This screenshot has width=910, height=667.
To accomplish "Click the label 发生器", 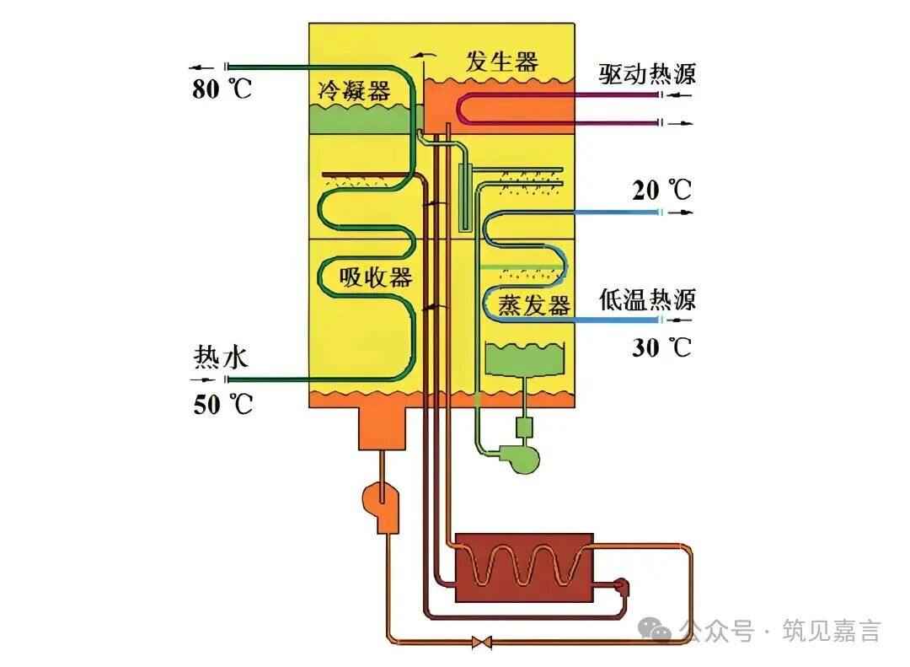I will coord(501,62).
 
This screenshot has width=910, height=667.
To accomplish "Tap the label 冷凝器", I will coord(354,90).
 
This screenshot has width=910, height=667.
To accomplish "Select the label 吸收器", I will coord(376,277).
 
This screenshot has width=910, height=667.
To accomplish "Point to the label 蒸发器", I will coord(534,304).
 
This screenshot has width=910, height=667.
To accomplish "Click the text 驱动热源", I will coord(648,74).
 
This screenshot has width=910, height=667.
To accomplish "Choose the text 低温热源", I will coord(648,299).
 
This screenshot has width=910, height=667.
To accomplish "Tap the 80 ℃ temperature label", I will coord(222,88).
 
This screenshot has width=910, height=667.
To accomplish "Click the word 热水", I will coord(221,358).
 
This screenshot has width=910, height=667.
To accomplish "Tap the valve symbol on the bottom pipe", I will coord(483,643).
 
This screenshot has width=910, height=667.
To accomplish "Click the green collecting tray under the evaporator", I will coord(524,360).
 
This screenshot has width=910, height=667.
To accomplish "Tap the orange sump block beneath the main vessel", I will coord(383,428).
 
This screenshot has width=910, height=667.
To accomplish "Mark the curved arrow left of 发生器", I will coord(426,55).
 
